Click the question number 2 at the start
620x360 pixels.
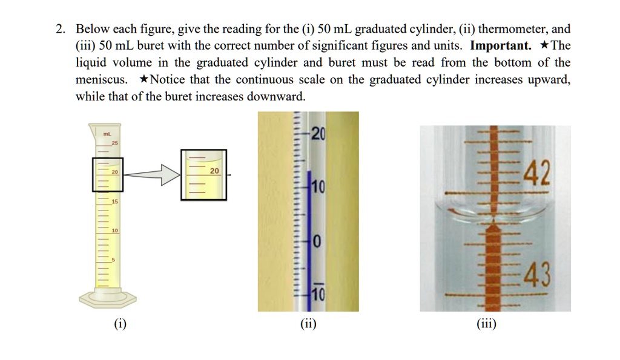pos(59,29)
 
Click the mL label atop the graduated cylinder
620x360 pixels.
pos(106,133)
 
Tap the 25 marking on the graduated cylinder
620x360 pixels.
pos(114,142)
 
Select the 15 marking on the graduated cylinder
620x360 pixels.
pos(114,201)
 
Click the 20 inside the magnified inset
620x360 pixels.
pos(215,171)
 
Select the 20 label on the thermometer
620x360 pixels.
pos(318,135)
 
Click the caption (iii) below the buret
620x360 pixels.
pos(486,325)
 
